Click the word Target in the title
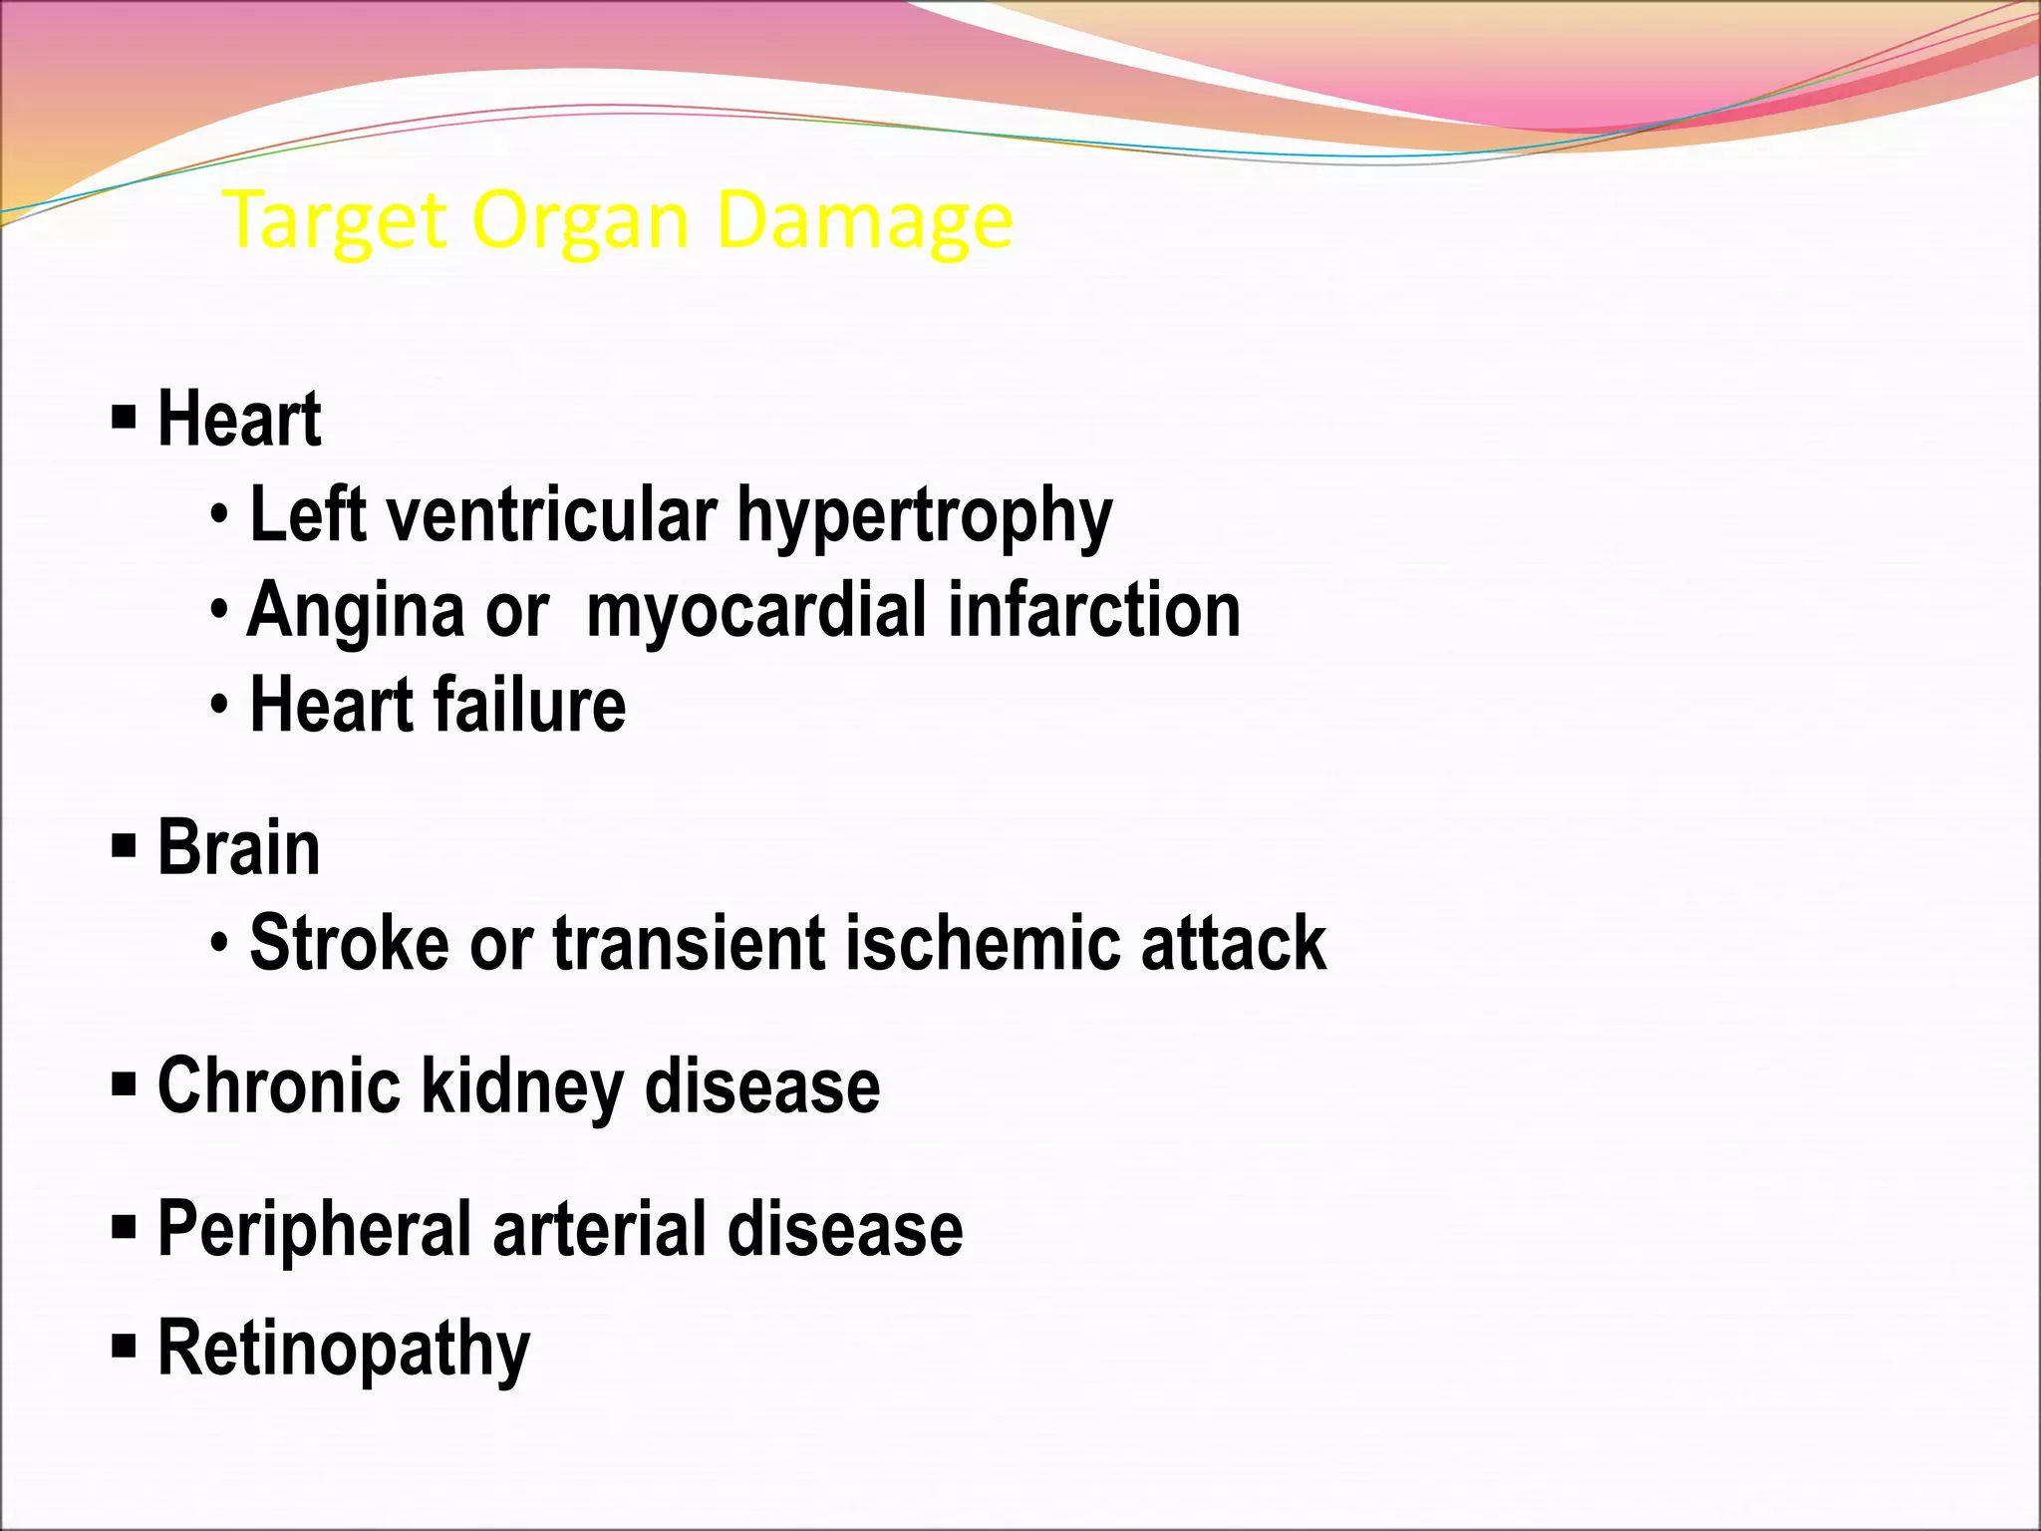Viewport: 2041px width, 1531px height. click(335, 221)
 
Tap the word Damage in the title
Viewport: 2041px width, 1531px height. click(863, 221)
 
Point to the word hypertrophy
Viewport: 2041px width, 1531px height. click(924, 516)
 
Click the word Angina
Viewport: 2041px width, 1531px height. click(356, 610)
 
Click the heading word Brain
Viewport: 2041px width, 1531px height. click(238, 847)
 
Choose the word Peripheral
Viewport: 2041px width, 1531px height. click(315, 1230)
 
